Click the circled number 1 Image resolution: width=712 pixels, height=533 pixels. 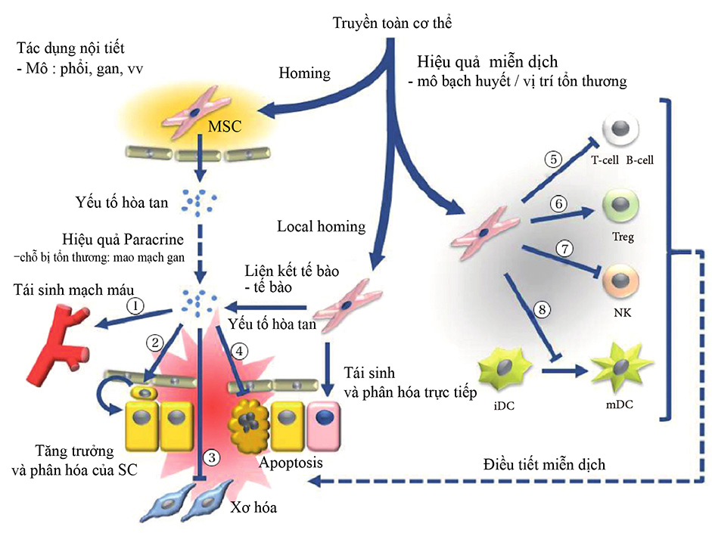coord(134,307)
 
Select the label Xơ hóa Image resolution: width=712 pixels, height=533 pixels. coord(253,507)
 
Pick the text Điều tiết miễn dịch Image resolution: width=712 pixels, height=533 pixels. coord(544,463)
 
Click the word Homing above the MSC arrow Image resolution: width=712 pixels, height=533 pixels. coord(305,73)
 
